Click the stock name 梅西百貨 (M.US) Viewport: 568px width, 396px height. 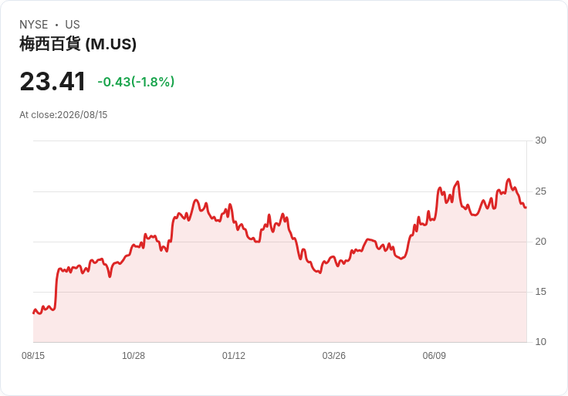pyautogui.click(x=78, y=44)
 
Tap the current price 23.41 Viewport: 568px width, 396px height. pyautogui.click(x=52, y=81)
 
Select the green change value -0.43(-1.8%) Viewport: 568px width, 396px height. pyautogui.click(x=136, y=82)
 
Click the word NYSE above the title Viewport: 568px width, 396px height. pyautogui.click(x=34, y=25)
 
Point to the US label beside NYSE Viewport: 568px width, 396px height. pyautogui.click(x=73, y=25)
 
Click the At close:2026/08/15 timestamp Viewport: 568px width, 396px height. pyautogui.click(x=63, y=115)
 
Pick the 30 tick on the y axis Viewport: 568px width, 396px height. pyautogui.click(x=540, y=140)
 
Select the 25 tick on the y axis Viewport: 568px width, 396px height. pyautogui.click(x=540, y=191)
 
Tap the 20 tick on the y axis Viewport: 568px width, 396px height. pyautogui.click(x=540, y=242)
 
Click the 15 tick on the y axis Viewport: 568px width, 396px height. pyautogui.click(x=540, y=292)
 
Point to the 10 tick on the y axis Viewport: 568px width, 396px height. pyautogui.click(x=540, y=342)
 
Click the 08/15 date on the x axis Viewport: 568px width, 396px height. pyautogui.click(x=33, y=356)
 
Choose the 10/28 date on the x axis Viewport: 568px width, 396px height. pyautogui.click(x=134, y=356)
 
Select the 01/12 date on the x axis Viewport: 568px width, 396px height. pyautogui.click(x=234, y=356)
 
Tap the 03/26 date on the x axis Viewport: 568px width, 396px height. pyautogui.click(x=334, y=356)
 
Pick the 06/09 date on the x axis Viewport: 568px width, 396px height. pyautogui.click(x=434, y=356)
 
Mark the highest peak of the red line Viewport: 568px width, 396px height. pyautogui.click(x=509, y=179)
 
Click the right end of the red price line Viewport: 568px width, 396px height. pyautogui.click(x=526, y=207)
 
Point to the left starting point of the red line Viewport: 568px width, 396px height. pyautogui.click(x=33, y=313)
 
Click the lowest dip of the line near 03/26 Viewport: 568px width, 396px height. pyautogui.click(x=319, y=272)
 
